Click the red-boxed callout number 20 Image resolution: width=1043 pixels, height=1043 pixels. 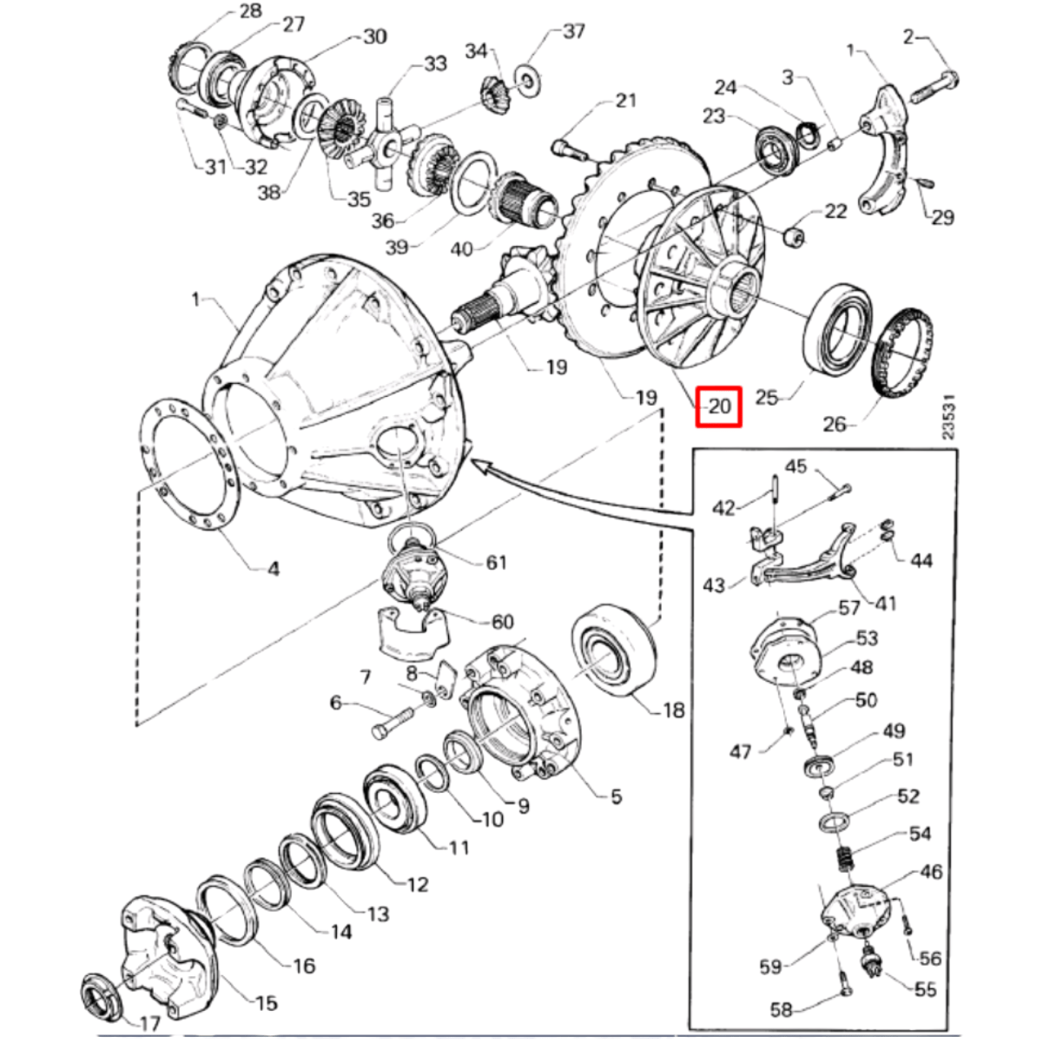coord(717,406)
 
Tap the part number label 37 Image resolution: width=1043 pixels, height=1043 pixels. coord(574,32)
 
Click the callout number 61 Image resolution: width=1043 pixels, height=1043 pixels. coord(496,563)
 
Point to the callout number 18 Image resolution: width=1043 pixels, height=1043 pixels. coord(674,710)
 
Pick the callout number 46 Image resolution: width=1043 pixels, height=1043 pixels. coord(931,871)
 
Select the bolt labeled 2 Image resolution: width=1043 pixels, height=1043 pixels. coord(934,85)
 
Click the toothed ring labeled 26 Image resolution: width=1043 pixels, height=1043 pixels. coord(905,356)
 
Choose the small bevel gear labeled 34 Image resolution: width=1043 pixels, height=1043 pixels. coord(495,89)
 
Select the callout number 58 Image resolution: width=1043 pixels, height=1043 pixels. coord(782,1010)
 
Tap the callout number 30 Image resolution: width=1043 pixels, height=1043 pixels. coord(374,36)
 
